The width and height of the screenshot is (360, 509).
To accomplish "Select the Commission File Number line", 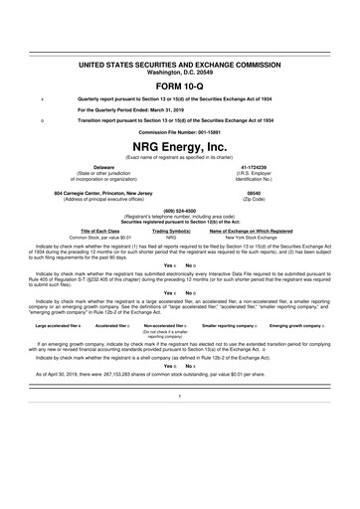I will coord(180,131).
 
